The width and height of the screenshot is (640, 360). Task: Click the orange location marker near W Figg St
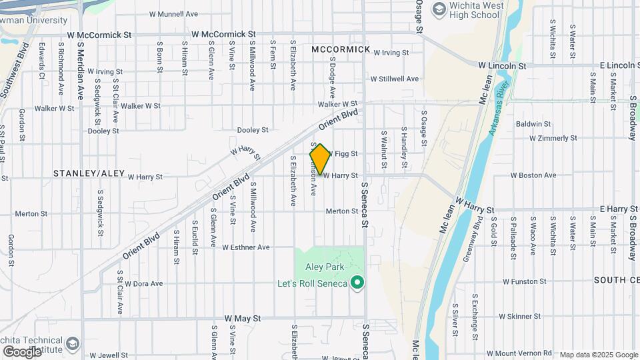click(320, 159)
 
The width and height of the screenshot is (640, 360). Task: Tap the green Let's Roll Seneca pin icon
click(357, 283)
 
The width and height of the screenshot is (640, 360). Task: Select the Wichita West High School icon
click(439, 9)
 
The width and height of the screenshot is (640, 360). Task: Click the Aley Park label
click(323, 267)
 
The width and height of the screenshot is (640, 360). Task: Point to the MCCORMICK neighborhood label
click(340, 49)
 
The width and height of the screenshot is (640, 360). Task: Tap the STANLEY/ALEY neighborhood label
click(89, 173)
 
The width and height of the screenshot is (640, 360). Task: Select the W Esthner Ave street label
click(246, 247)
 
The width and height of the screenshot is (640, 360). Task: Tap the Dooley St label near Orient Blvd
click(253, 130)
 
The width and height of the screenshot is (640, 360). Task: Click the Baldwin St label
click(533, 124)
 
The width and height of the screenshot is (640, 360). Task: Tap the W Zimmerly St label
click(553, 139)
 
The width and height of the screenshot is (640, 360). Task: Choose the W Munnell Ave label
click(173, 13)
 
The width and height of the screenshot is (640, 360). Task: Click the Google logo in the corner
click(22, 351)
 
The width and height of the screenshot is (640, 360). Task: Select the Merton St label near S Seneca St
click(342, 211)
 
